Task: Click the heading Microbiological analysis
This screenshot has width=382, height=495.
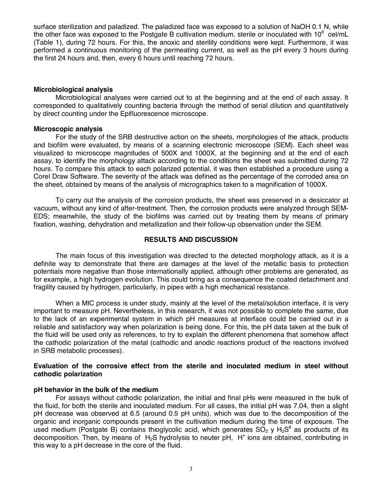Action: coord(73,89)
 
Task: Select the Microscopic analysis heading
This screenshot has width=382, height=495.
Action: coord(68,129)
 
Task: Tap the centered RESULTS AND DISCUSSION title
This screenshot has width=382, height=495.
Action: coord(191,239)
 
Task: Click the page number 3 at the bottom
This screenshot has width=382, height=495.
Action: coord(191,469)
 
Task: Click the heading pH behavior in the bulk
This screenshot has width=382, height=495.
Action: coord(96,390)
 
